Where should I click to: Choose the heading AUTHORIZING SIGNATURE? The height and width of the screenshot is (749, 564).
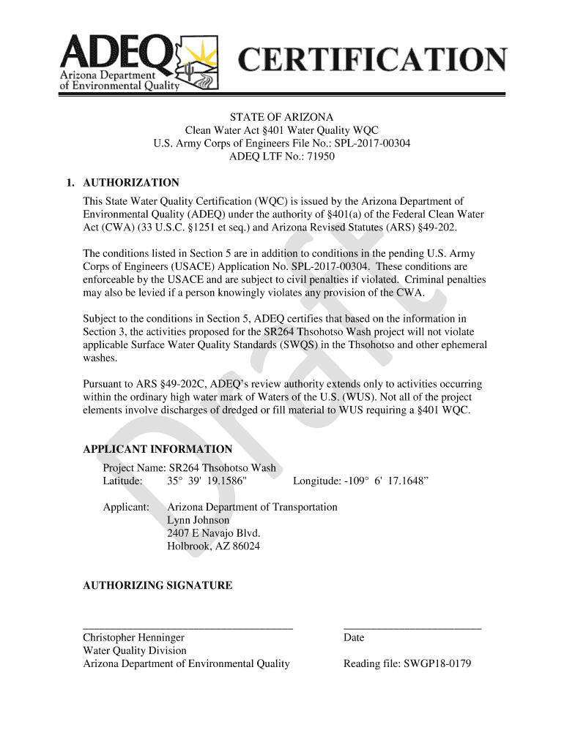(x=157, y=585)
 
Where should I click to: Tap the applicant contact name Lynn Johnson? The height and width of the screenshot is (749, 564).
(x=198, y=520)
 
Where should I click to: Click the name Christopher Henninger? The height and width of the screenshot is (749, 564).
(x=133, y=637)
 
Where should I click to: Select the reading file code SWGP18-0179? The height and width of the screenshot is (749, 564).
(x=437, y=663)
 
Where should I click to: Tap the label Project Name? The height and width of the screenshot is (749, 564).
(x=134, y=467)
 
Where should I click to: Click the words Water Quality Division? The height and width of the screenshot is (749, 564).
(x=135, y=650)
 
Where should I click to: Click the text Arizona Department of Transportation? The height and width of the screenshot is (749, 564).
(x=253, y=507)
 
